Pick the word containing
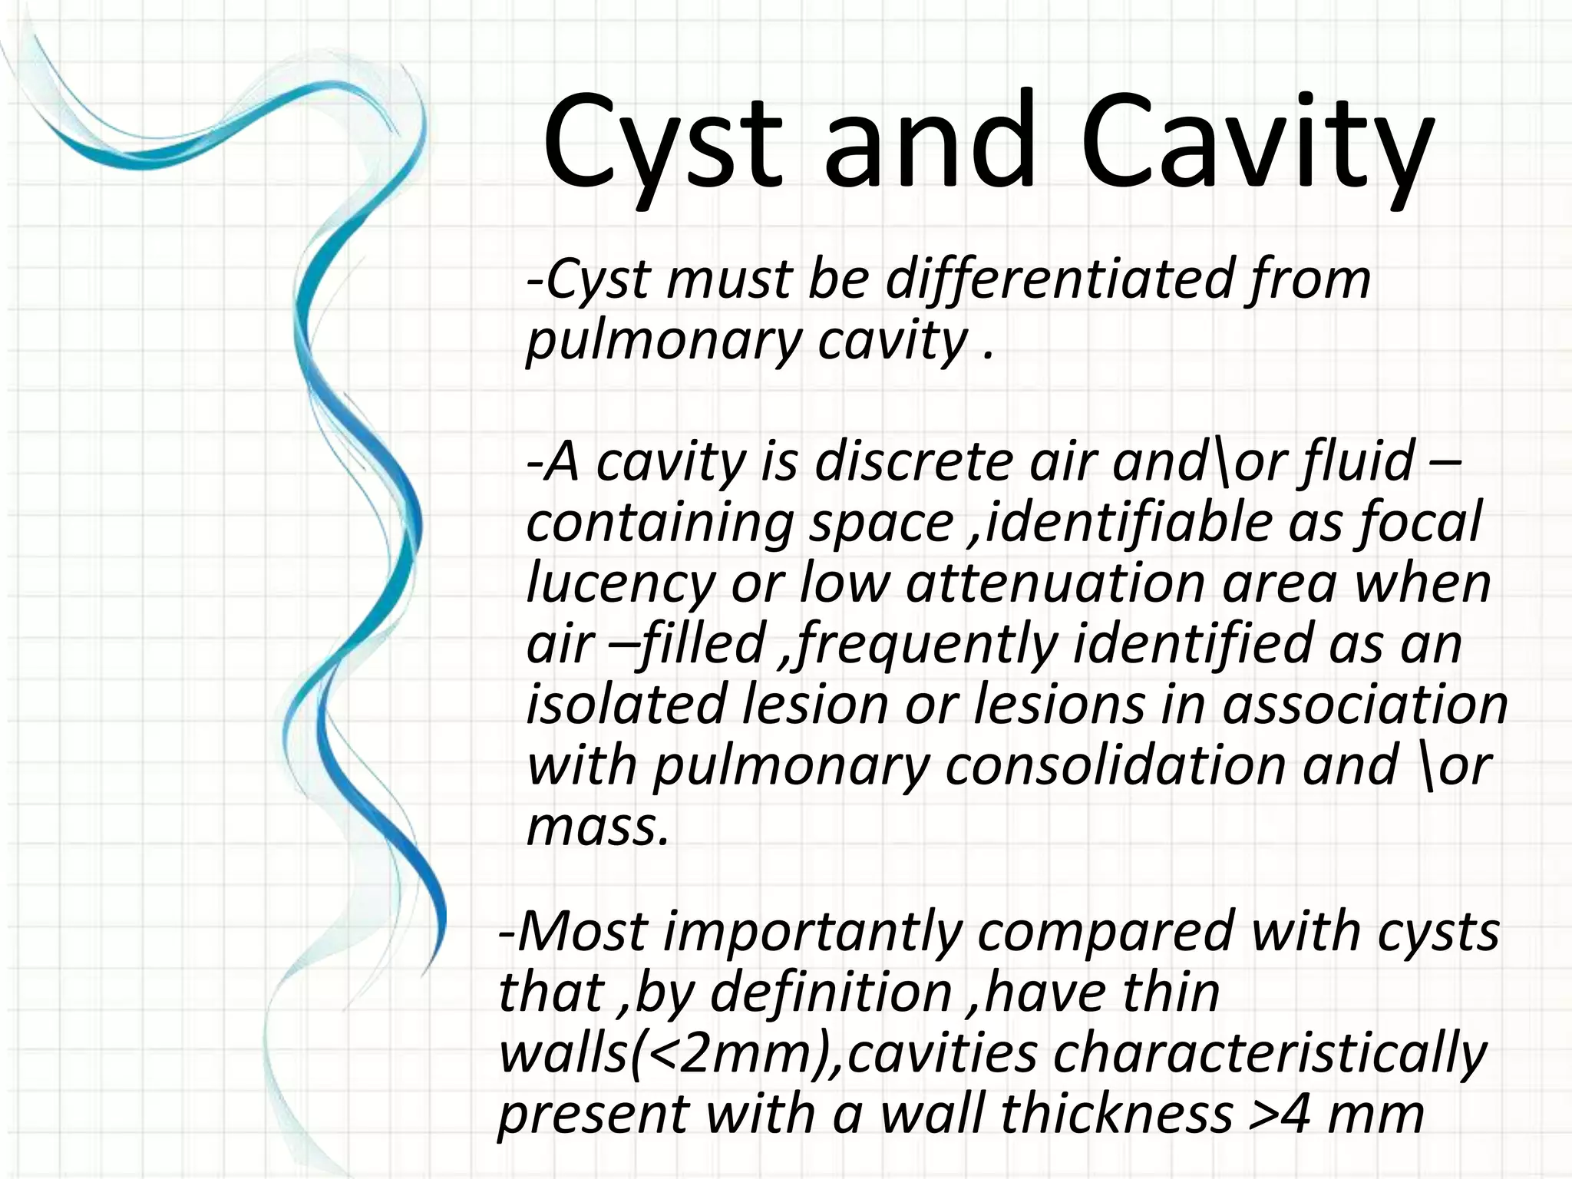click(x=660, y=523)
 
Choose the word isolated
click(x=626, y=705)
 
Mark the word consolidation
click(x=1115, y=766)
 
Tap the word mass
click(x=597, y=827)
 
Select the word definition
click(x=831, y=992)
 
